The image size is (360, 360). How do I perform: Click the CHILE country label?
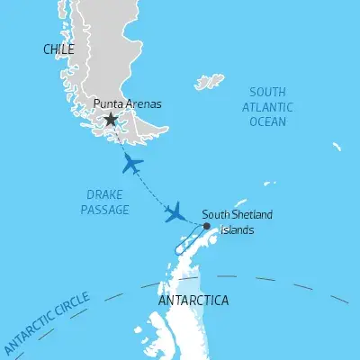[x=58, y=50]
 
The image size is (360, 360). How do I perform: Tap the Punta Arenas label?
[x=129, y=103]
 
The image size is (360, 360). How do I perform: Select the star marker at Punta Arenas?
[x=111, y=119]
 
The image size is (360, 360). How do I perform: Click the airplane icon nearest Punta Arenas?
[x=131, y=165]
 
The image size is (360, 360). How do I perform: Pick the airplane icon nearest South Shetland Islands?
[x=175, y=212]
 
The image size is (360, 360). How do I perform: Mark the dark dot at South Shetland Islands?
[x=207, y=225]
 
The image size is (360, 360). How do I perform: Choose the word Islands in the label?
[x=239, y=229]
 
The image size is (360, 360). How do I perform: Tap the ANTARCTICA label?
[x=193, y=300]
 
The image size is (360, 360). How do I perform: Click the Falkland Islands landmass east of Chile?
[x=209, y=83]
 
